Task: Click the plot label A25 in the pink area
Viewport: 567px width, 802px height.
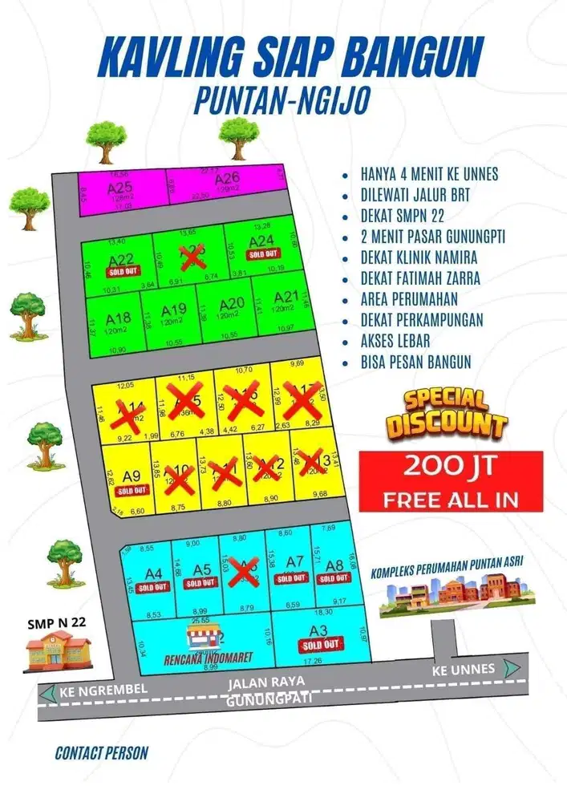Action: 119,188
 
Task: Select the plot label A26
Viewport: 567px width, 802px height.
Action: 227,178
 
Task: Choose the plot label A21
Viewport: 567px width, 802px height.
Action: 286,297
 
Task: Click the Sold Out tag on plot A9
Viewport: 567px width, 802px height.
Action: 132,490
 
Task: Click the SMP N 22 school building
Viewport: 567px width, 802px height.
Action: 55,649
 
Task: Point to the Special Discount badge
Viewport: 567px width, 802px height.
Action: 445,413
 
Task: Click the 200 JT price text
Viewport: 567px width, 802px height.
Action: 451,467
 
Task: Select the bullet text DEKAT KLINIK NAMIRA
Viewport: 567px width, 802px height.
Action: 419,257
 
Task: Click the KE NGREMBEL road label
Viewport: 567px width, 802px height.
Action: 99,691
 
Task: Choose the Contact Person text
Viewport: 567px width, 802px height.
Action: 101,753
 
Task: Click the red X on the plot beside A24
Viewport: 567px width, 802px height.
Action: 190,257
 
